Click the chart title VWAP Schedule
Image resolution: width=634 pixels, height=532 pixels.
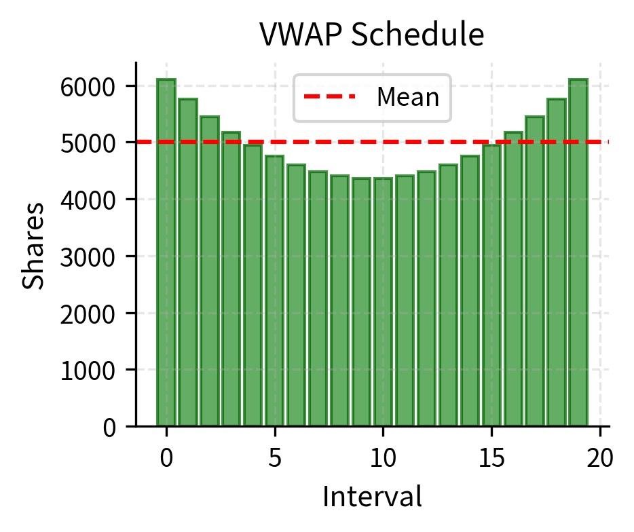pyautogui.click(x=372, y=35)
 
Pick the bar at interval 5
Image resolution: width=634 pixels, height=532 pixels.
pyautogui.click(x=275, y=291)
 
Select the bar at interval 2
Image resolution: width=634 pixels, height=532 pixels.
pyautogui.click(x=210, y=271)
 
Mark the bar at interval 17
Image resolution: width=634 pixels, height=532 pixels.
pyautogui.click(x=535, y=271)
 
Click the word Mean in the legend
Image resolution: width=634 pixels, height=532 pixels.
pyautogui.click(x=408, y=98)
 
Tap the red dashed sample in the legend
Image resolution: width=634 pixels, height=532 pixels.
pyautogui.click(x=330, y=98)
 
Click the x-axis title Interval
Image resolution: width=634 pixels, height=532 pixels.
pyautogui.click(x=372, y=497)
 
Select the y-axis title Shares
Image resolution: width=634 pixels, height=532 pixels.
pyautogui.click(x=35, y=244)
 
